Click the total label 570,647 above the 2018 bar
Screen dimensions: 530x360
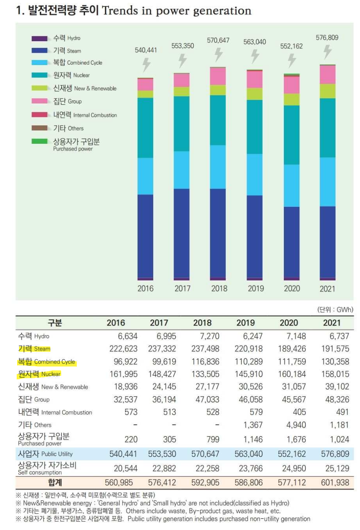tap(218, 40)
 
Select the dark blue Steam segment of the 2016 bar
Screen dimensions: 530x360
tap(145, 236)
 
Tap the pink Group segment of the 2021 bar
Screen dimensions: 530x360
tap(327, 74)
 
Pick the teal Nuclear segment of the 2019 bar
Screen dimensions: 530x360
tap(255, 127)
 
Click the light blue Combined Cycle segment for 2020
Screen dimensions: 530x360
tap(291, 185)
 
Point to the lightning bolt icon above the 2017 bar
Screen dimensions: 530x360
tap(182, 61)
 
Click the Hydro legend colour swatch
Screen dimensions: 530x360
tap(40, 38)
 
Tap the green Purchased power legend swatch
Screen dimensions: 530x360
tap(40, 141)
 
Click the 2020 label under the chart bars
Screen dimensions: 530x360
tap(292, 288)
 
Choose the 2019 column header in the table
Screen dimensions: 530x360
tap(245, 323)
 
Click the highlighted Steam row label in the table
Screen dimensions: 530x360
tap(34, 349)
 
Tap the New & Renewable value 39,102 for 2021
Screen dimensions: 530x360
tap(335, 387)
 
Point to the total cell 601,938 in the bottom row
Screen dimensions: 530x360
tap(335, 482)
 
